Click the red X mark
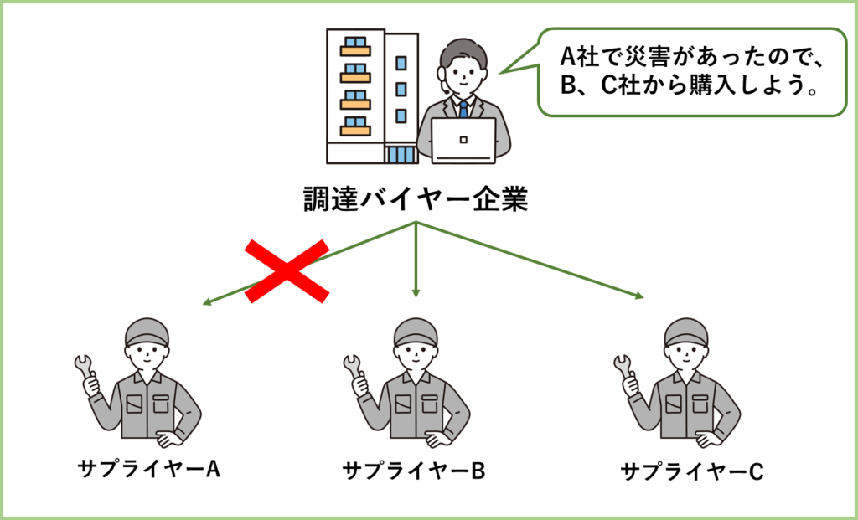287,270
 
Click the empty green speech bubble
691,72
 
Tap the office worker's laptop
463,139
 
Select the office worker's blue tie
463,108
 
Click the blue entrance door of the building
401,154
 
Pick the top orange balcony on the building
355,49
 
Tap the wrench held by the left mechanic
84,368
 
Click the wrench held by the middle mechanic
353,368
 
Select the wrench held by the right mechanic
623,368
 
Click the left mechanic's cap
147,332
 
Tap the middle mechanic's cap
416,332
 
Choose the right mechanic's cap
686,332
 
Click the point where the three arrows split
416,223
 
